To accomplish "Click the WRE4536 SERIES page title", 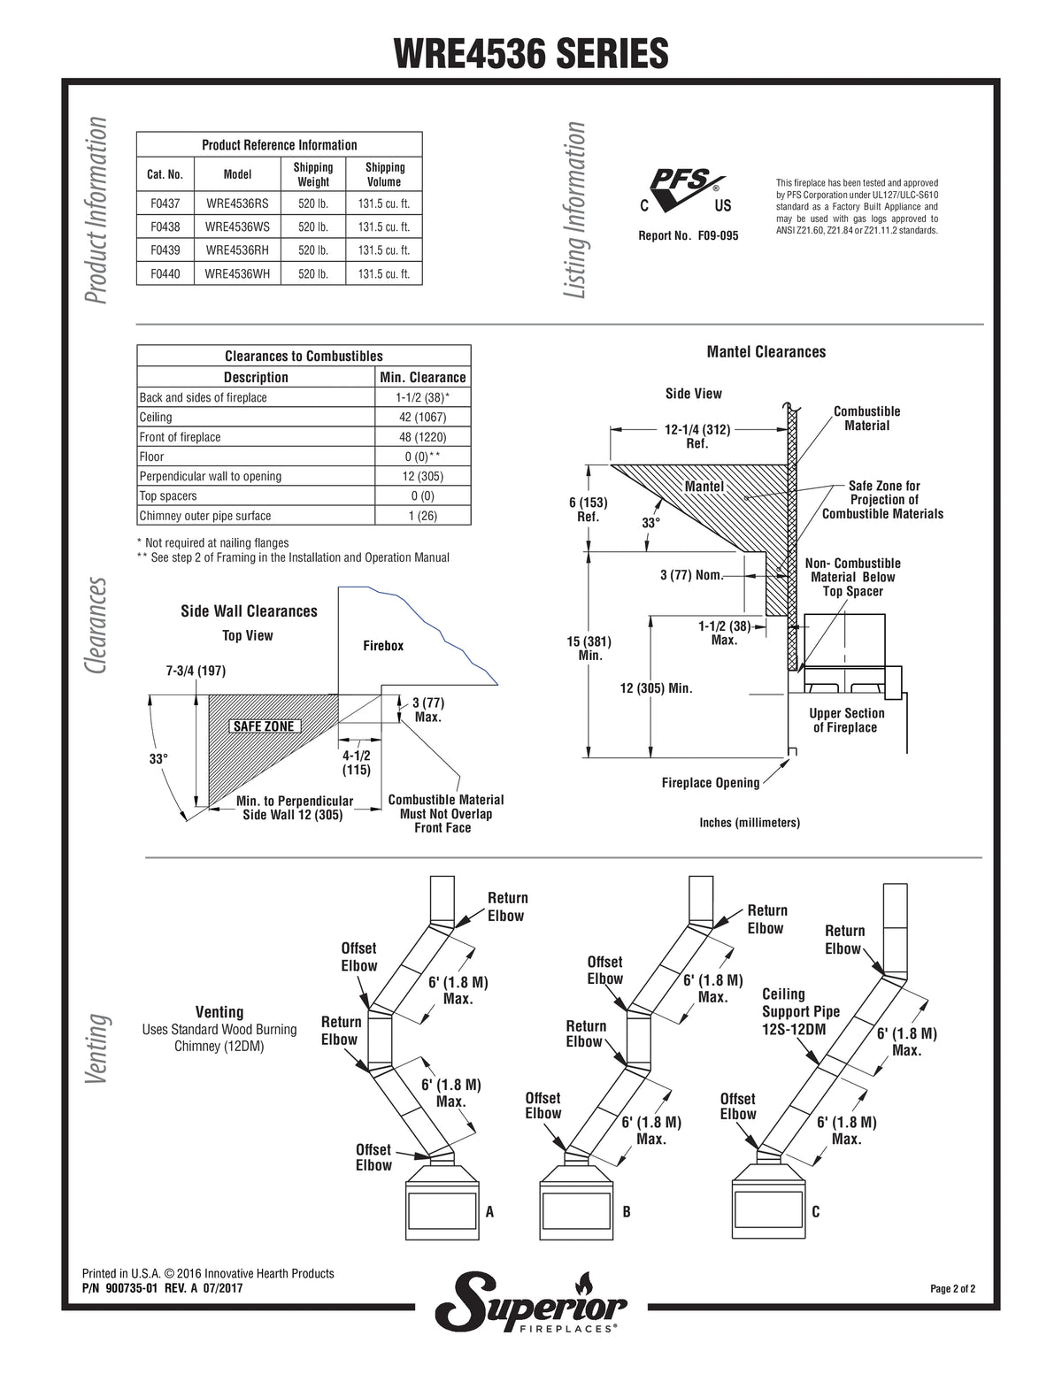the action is [x=531, y=53].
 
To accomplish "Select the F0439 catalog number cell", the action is [x=165, y=250].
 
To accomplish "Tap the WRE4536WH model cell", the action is [x=237, y=273].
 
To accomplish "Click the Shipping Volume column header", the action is [x=385, y=174].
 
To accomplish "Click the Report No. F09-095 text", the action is [x=689, y=236].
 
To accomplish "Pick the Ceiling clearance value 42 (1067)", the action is [x=422, y=418].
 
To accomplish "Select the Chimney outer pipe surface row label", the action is [x=205, y=516].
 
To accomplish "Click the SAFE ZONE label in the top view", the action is [x=264, y=726].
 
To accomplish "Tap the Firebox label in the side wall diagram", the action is [x=383, y=646].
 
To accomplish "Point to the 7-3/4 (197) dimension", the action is [x=196, y=671].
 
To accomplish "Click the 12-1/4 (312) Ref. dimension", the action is [x=697, y=436].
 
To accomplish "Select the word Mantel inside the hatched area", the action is [x=704, y=487].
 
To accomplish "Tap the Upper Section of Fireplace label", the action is [x=846, y=720].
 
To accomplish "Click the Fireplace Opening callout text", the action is [x=711, y=783].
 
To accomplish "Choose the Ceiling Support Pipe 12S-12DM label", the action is [x=801, y=1011].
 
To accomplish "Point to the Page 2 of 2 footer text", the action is [x=952, y=1289].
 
